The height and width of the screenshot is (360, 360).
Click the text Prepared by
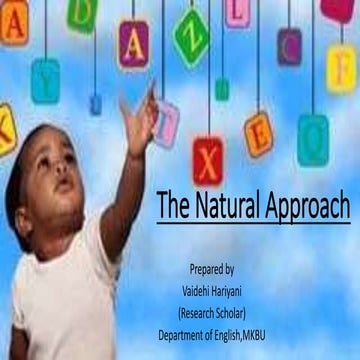pyautogui.click(x=212, y=270)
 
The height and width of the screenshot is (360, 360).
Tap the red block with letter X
pyautogui.click(x=209, y=157)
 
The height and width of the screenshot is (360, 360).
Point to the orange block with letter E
pyautogui.click(x=257, y=133)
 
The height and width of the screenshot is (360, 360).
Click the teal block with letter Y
pyautogui.click(x=45, y=80)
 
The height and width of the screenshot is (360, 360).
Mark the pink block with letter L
pyautogui.click(x=236, y=12)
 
